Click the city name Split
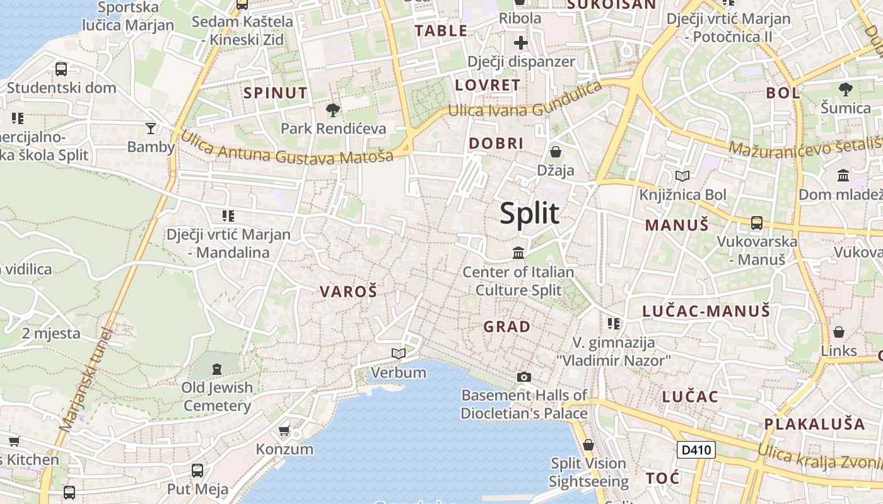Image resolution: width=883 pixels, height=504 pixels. [x=530, y=214]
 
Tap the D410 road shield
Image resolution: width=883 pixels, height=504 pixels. [x=696, y=450]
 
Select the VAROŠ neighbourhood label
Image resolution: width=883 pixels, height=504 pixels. [x=348, y=292]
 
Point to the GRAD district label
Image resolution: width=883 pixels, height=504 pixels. [x=506, y=327]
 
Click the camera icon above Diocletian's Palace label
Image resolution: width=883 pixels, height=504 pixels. [x=523, y=377]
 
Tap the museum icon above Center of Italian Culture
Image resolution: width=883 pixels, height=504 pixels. [x=518, y=253]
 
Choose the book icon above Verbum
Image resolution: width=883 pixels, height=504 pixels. [x=398, y=353]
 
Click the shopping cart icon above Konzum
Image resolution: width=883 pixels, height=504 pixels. [x=284, y=431]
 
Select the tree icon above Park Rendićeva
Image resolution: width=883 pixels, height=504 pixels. [x=332, y=110]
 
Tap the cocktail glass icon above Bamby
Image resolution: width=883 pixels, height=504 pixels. [x=151, y=129]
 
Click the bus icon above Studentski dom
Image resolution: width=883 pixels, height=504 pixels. [x=61, y=69]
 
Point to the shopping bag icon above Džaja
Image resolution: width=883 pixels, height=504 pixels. [x=556, y=152]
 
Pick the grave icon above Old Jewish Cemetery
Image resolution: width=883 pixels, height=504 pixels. [x=217, y=369]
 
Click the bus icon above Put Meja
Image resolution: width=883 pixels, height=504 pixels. [x=197, y=470]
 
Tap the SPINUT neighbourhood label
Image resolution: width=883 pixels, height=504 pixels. [x=276, y=93]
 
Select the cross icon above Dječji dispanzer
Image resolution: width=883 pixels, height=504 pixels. [x=521, y=43]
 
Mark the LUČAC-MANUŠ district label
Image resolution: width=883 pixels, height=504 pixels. [x=706, y=311]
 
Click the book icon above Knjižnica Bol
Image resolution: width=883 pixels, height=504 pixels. [x=682, y=176]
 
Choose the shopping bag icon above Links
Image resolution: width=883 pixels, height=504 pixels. [x=839, y=332]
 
